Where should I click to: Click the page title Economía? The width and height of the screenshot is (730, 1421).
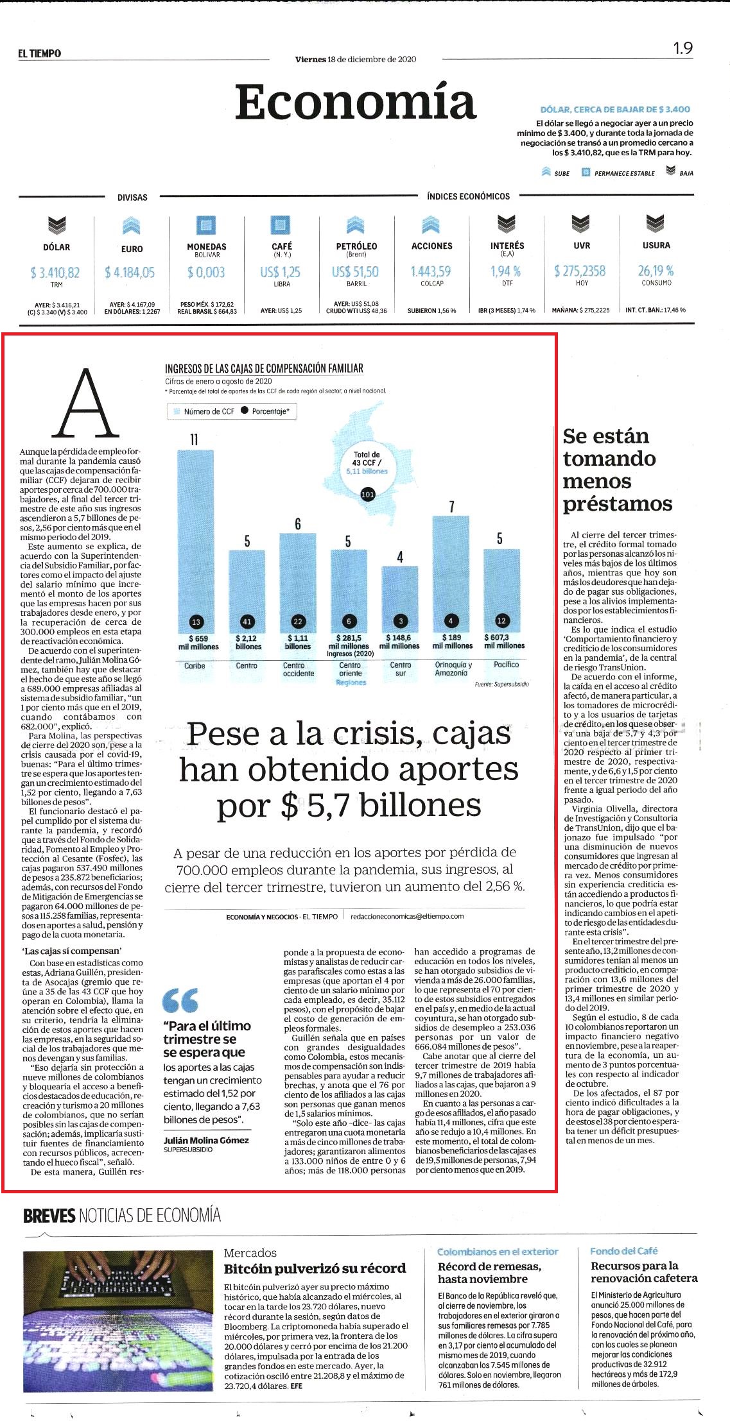pyautogui.click(x=356, y=102)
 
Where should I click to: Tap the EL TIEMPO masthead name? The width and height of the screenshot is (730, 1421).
pyautogui.click(x=40, y=54)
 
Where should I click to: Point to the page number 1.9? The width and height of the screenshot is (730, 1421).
pyautogui.click(x=683, y=48)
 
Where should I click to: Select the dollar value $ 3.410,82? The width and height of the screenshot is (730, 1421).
pyautogui.click(x=55, y=273)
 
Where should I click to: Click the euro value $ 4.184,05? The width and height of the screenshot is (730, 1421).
pyautogui.click(x=130, y=273)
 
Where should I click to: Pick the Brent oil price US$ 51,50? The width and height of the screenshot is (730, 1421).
pyautogui.click(x=355, y=272)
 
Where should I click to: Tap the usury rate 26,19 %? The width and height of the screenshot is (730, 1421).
pyautogui.click(x=656, y=271)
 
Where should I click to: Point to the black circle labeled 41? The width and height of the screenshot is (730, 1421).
pyautogui.click(x=247, y=621)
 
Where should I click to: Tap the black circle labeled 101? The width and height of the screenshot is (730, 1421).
pyautogui.click(x=368, y=495)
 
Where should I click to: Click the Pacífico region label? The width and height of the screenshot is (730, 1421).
pyautogui.click(x=507, y=665)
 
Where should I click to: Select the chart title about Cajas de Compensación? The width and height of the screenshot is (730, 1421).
pyautogui.click(x=264, y=368)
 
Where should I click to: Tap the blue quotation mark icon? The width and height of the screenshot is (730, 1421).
pyautogui.click(x=180, y=1000)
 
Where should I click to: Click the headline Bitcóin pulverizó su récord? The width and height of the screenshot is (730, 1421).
pyautogui.click(x=315, y=1268)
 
